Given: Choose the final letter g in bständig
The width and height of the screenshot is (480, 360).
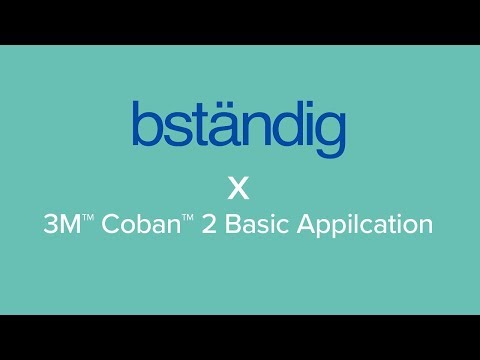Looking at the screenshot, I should click(x=329, y=134).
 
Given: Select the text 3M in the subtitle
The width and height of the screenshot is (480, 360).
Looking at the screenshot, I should click(x=61, y=226).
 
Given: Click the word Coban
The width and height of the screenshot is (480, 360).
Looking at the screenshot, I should click(x=130, y=226).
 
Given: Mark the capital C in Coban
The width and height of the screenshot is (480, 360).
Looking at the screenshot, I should click(x=108, y=226).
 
